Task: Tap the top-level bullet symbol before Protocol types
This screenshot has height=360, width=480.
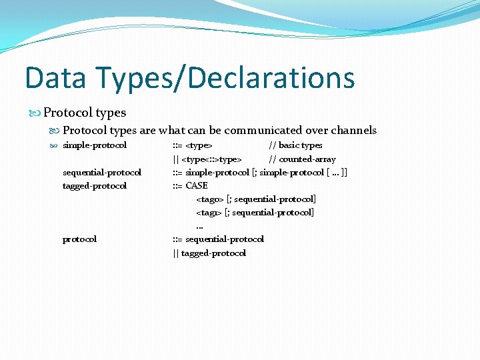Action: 36,113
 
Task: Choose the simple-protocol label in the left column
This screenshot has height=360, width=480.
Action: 95,145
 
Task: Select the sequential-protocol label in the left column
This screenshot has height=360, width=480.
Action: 101,173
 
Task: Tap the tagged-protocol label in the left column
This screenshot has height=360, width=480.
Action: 94,186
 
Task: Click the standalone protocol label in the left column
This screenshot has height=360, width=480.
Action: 79,239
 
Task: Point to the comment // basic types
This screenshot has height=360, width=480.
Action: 295,145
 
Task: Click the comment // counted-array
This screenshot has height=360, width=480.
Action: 302,159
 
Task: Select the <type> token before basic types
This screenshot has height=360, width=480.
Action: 199,145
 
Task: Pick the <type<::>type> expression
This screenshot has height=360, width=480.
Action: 211,159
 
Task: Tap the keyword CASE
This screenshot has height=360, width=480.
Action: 197,186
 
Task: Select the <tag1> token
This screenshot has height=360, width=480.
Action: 209,213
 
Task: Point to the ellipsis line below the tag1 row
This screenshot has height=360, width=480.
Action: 199,227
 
